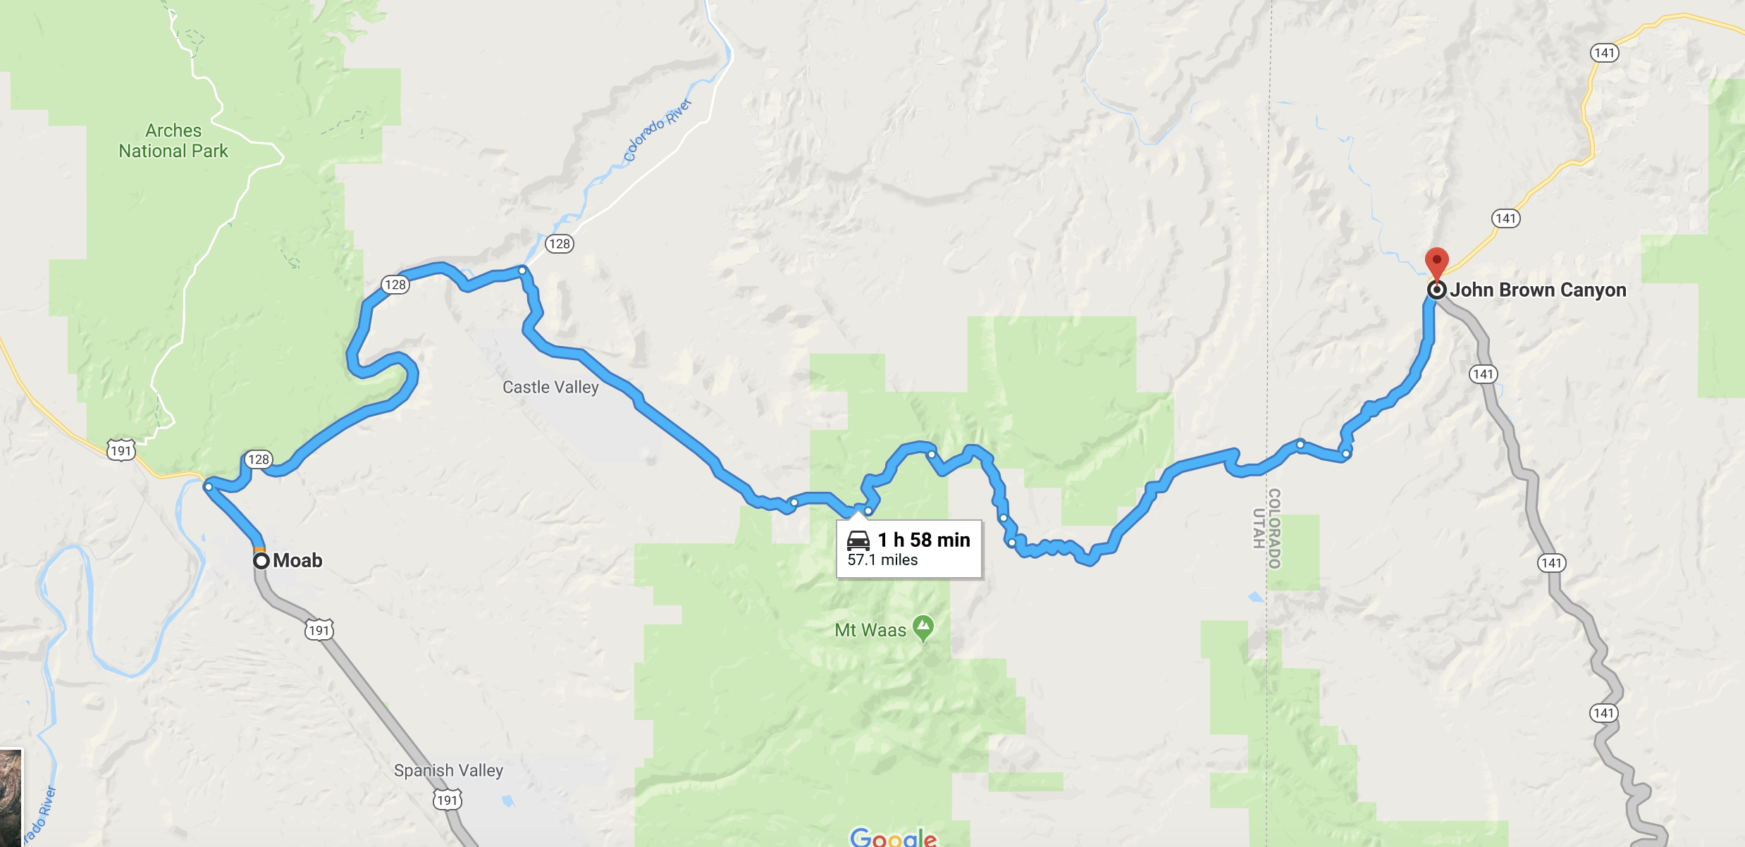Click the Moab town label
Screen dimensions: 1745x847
(297, 560)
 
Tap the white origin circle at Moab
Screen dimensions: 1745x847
(261, 561)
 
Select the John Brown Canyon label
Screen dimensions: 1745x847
(1538, 290)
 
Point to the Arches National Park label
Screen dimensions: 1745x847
(173, 141)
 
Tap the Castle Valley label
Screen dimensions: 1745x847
(550, 387)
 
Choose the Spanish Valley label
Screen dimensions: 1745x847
(448, 770)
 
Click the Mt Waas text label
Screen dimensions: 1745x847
(870, 630)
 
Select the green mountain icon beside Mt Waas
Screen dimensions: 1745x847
(923, 626)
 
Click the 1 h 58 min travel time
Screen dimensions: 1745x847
(924, 540)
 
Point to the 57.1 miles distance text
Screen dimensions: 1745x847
(882, 559)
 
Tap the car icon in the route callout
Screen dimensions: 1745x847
(858, 540)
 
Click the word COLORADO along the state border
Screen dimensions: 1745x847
(1274, 528)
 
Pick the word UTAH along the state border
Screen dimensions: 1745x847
(1258, 528)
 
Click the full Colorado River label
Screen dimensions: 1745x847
(658, 131)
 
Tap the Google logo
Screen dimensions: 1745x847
(893, 837)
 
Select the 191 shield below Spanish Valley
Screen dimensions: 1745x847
(447, 800)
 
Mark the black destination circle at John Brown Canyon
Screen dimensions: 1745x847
(1436, 290)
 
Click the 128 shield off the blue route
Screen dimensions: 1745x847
(560, 244)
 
